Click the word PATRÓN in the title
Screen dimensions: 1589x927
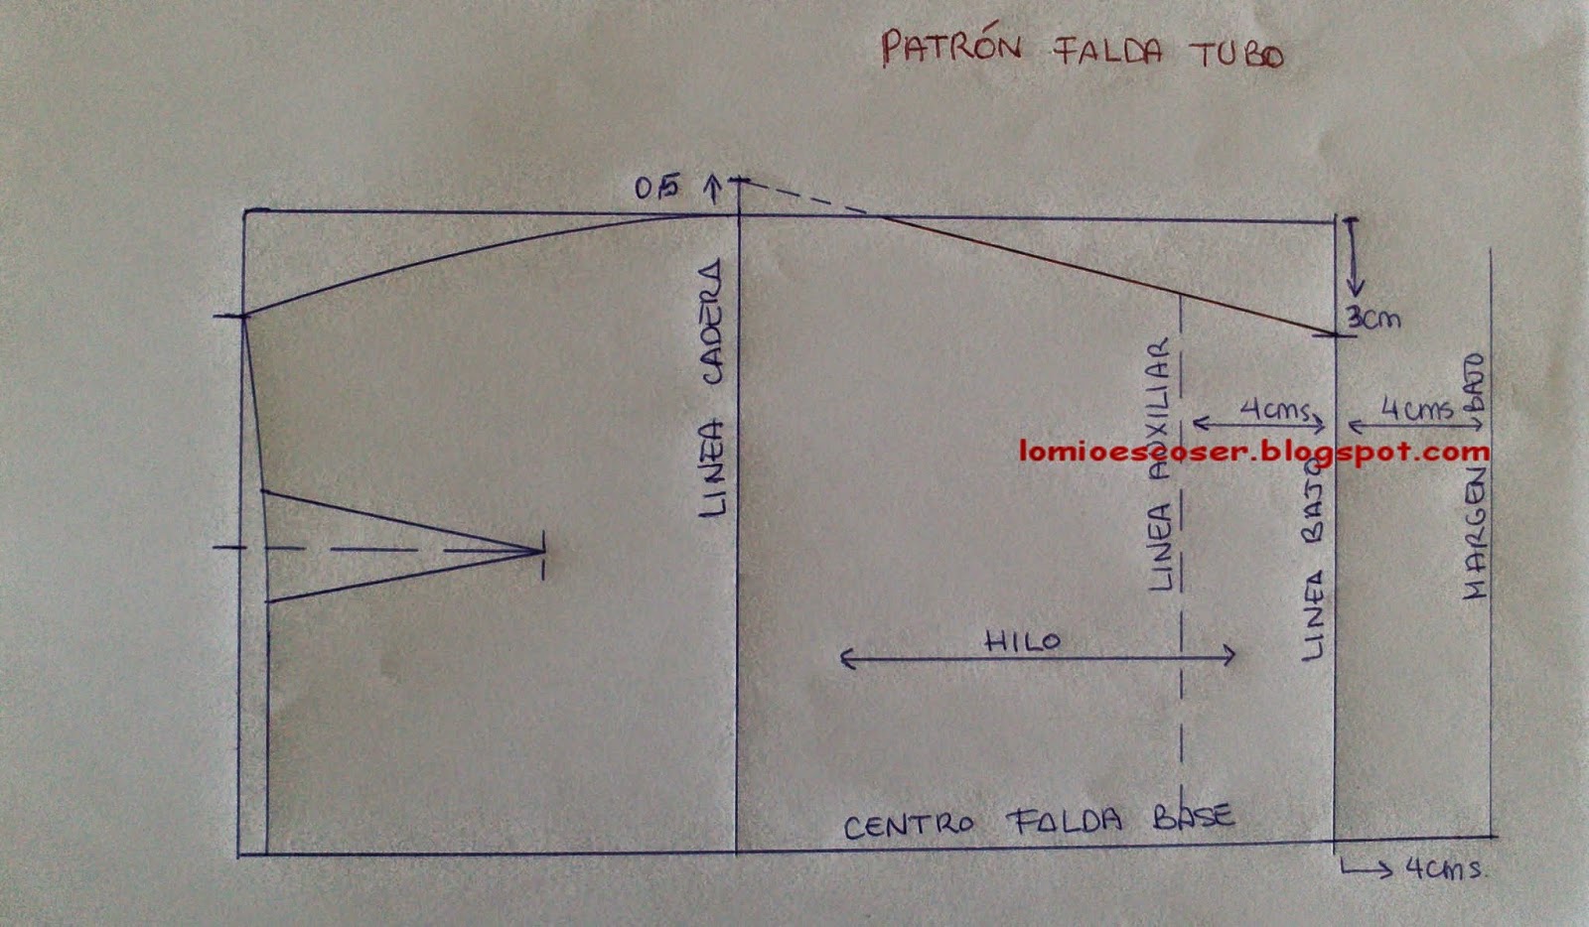950,48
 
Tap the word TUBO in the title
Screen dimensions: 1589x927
1236,54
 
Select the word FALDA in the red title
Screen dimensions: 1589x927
1107,50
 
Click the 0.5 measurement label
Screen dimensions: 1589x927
657,187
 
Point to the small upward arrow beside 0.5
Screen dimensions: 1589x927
712,188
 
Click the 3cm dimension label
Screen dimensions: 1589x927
1373,319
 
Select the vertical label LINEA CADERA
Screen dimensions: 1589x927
713,388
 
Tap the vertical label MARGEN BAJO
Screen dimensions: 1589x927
1474,476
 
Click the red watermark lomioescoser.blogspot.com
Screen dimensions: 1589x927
1253,452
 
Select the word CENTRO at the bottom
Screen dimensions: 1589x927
909,825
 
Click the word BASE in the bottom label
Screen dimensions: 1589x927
1193,818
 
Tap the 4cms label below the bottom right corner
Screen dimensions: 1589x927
1444,868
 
